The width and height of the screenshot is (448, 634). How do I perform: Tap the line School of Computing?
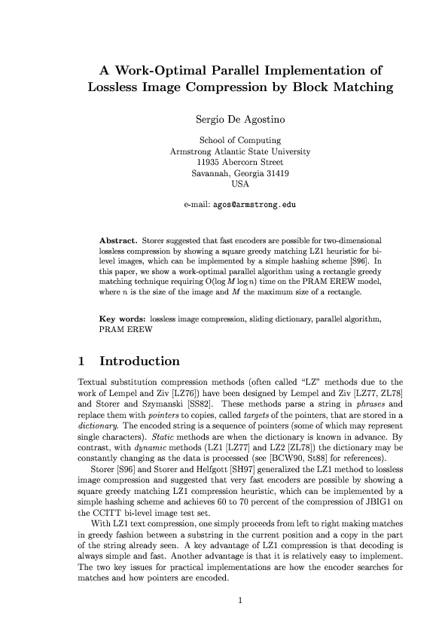[239, 140]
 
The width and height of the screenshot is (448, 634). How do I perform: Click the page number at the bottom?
[239, 600]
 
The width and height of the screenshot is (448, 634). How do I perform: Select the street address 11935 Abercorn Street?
[239, 162]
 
